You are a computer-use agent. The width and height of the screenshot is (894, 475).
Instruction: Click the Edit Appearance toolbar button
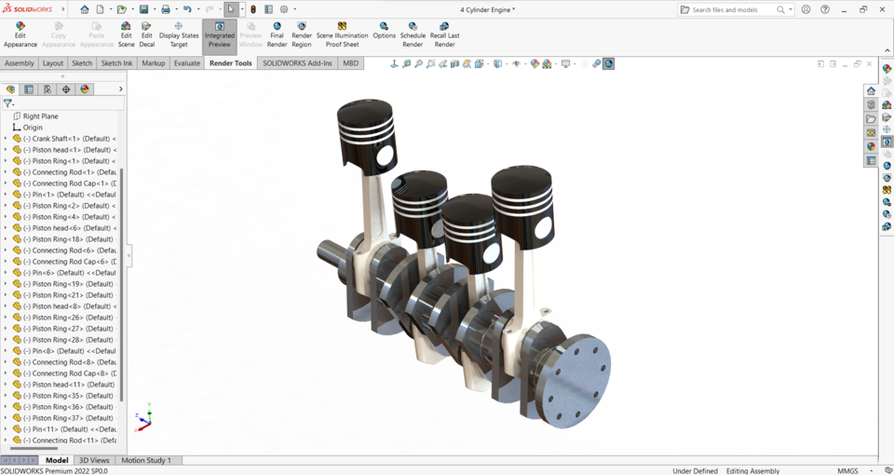(20, 34)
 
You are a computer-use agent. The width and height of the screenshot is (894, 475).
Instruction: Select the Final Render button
(277, 34)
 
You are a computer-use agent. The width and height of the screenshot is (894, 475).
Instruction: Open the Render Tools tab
(230, 63)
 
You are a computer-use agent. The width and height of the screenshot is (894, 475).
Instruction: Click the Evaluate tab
(187, 63)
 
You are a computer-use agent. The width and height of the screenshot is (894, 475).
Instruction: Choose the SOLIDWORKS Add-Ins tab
(297, 63)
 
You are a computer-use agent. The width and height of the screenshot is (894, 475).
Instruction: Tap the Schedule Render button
(413, 34)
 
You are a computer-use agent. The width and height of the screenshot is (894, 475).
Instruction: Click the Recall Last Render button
(444, 34)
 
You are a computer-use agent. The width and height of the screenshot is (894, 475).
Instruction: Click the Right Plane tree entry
(40, 116)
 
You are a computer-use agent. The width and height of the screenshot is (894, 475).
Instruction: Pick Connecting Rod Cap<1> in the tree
(71, 183)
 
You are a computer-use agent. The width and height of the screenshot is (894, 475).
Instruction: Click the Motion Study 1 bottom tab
(146, 460)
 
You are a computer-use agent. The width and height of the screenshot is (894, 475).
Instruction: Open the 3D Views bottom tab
(94, 460)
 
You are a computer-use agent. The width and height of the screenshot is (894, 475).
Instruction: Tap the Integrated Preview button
(220, 34)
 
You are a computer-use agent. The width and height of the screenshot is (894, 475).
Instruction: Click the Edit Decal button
(146, 34)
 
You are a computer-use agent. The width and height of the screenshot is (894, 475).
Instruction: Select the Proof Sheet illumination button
(342, 34)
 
